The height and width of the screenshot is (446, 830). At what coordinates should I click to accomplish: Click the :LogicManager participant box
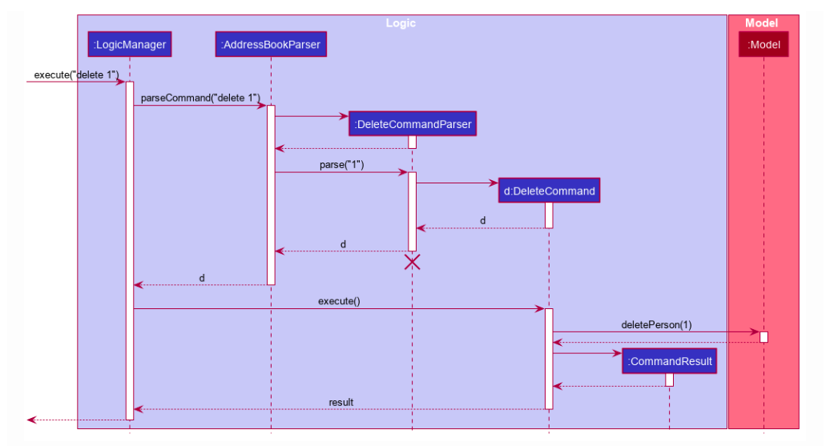[130, 45]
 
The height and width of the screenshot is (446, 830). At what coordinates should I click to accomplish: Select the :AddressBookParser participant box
[271, 45]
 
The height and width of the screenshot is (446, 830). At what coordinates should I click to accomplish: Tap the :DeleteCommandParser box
[413, 124]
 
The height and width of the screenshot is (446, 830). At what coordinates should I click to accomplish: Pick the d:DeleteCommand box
[549, 191]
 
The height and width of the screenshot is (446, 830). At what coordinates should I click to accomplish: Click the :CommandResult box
[670, 361]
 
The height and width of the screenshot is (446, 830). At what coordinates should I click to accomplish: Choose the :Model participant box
[764, 45]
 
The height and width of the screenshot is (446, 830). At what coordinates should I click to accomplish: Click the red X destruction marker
[412, 262]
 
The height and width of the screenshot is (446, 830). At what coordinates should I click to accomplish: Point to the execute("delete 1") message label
[76, 74]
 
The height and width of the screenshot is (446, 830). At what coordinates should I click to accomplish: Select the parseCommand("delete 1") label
[200, 98]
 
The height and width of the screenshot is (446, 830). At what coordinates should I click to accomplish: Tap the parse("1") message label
[342, 165]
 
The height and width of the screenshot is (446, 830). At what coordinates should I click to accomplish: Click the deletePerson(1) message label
[656, 324]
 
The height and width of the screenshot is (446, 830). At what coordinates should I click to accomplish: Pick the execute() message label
[339, 301]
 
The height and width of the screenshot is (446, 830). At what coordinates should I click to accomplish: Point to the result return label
[340, 402]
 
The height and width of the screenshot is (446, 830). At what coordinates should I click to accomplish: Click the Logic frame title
[401, 23]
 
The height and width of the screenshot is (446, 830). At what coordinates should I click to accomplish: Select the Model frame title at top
[761, 23]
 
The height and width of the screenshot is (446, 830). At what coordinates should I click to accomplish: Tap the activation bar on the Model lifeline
[764, 336]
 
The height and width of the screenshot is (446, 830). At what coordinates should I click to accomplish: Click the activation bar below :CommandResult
[670, 380]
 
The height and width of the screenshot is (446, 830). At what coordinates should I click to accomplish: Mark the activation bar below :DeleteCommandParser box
[412, 143]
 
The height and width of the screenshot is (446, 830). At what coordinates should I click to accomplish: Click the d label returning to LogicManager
[202, 278]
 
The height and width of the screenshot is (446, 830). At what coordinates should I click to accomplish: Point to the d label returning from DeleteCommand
[482, 220]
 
